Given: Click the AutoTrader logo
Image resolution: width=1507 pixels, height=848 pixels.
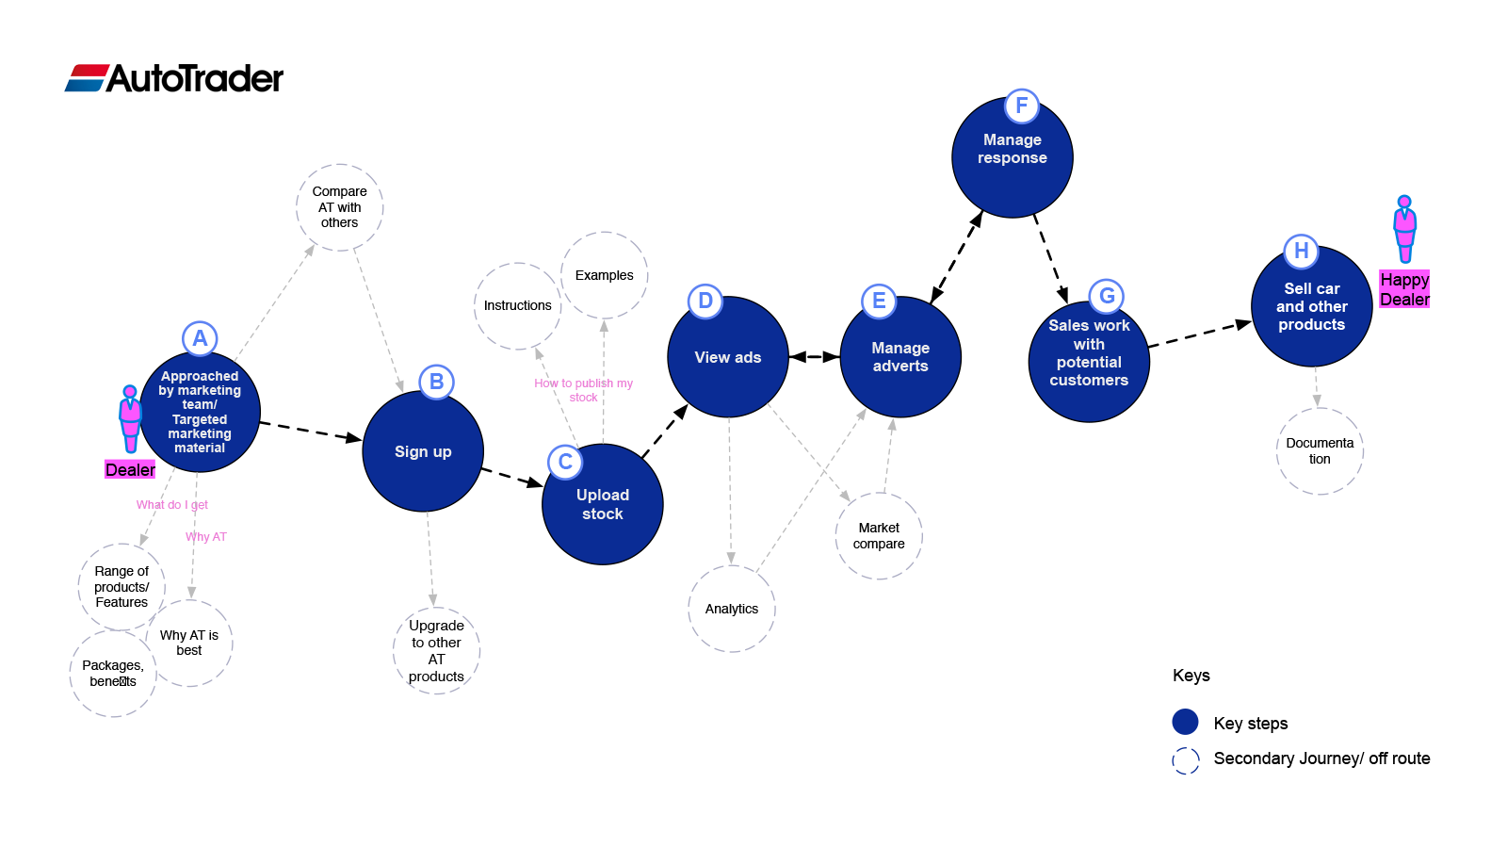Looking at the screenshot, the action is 173,78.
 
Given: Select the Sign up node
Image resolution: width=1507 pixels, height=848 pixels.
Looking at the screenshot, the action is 423,451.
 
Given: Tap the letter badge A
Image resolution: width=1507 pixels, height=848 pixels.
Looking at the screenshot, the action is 200,338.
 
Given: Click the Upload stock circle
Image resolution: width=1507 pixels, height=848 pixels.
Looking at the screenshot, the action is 602,504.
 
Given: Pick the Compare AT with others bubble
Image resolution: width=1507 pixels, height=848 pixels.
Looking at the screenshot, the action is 340,207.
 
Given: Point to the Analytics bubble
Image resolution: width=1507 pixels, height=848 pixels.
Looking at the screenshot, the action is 732,609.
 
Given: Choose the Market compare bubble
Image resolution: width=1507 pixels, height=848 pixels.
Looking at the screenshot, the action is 879,536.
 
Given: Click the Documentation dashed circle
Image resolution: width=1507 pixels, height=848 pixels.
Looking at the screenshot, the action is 1320,451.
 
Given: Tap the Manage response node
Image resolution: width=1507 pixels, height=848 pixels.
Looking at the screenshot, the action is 1012,156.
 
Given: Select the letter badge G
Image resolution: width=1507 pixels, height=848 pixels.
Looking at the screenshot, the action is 1107,296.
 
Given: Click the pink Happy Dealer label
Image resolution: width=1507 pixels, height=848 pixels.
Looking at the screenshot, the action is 1404,289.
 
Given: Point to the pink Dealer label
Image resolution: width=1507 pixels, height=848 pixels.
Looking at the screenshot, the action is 130,470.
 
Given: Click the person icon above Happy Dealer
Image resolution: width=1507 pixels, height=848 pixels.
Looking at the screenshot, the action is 1404,229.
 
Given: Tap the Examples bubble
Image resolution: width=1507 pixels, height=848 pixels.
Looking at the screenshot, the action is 604,275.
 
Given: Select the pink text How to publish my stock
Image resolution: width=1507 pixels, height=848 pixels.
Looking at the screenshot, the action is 583,390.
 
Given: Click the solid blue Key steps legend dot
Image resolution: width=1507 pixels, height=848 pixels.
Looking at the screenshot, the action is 1186,722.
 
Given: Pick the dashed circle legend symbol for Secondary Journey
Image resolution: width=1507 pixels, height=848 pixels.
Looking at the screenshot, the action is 1186,760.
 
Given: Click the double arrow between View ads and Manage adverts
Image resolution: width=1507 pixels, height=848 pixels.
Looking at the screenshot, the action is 814,357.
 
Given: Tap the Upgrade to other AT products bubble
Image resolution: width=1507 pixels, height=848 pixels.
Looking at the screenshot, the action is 437,651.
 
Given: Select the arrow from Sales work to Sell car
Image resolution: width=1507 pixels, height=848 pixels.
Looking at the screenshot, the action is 1200,334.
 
